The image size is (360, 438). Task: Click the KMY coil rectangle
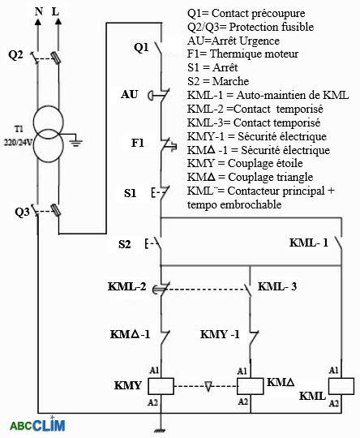tap(161, 386)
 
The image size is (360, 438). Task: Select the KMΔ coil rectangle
tap(251, 386)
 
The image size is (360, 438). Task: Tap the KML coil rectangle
tap(341, 386)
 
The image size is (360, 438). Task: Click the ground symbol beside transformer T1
tap(76, 143)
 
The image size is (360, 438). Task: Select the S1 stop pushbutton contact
tap(161, 192)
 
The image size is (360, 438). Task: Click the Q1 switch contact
tap(159, 48)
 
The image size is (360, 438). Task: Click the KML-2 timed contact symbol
tap(161, 288)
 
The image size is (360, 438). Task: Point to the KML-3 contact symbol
tap(247, 290)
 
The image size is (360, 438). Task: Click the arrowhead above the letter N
tap(38, 22)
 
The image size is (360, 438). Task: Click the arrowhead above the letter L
tap(58, 22)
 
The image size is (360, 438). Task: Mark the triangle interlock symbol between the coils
tap(208, 386)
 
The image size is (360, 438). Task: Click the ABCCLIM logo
tap(37, 425)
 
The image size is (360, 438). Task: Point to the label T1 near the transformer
tap(19, 129)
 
